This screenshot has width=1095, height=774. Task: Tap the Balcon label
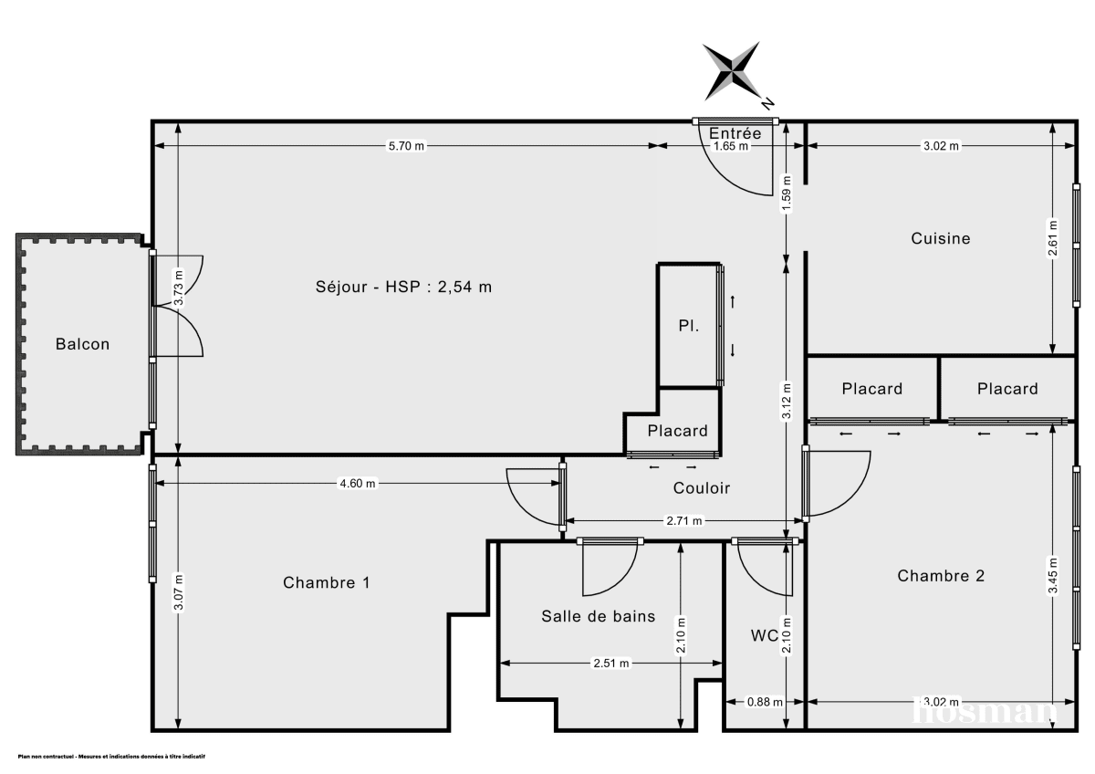[82, 344]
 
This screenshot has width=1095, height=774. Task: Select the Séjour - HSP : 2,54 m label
[403, 287]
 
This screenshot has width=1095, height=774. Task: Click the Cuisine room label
[940, 238]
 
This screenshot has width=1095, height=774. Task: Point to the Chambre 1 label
[326, 582]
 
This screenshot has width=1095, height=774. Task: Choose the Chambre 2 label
[941, 576]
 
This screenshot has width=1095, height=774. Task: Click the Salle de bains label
[598, 616]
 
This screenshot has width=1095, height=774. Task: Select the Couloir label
[701, 488]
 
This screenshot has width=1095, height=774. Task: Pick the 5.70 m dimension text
[406, 146]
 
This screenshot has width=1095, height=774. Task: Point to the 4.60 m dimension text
[358, 484]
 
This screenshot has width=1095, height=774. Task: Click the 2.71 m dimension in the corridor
[683, 521]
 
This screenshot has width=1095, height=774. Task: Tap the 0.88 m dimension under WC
[765, 702]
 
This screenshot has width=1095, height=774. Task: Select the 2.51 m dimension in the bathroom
[610, 664]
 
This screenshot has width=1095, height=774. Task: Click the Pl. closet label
[688, 325]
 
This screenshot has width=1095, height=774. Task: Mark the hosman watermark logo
[985, 710]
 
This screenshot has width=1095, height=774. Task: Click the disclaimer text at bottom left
[111, 757]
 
